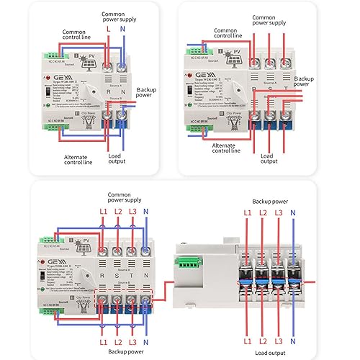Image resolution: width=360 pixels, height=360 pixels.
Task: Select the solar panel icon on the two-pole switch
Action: pyautogui.click(x=91, y=63)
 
